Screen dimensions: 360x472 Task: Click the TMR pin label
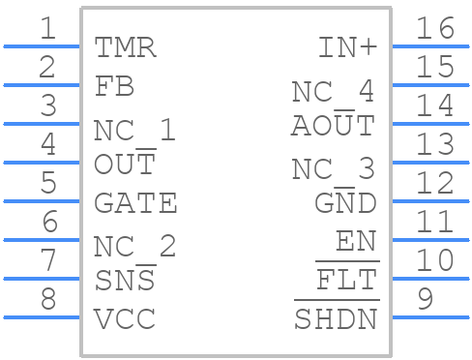(125, 47)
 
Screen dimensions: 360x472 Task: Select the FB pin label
(114, 86)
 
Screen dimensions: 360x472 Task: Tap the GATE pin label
(135, 203)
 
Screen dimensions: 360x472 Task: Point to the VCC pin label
(125, 319)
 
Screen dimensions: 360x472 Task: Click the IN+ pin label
(346, 47)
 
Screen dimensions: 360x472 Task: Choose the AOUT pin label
(333, 126)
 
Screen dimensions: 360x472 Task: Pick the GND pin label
(345, 203)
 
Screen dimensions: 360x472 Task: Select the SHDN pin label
(335, 319)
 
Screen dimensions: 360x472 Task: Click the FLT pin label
(346, 282)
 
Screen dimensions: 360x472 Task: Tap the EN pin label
(355, 242)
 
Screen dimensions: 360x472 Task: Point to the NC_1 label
(134, 131)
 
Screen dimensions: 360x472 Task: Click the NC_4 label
(333, 92)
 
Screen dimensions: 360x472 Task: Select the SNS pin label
(125, 281)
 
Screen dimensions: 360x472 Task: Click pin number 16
(434, 28)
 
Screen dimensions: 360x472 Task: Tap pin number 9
(424, 300)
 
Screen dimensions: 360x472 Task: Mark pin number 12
(434, 183)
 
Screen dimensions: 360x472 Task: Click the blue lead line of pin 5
(42, 201)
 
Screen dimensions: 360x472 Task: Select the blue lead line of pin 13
(430, 163)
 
